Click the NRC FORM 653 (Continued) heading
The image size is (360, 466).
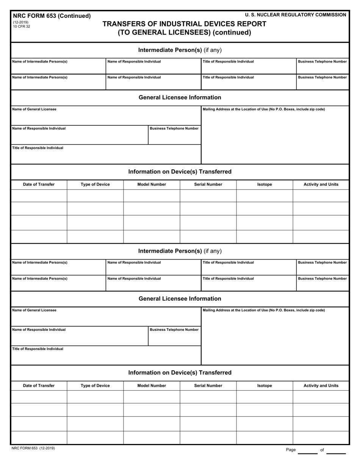click(x=52, y=16)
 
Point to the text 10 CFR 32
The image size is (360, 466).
click(x=22, y=27)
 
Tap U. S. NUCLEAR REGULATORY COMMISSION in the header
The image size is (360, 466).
click(x=295, y=15)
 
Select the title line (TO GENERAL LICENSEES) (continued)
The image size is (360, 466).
click(x=184, y=33)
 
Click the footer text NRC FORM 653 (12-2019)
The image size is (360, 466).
click(x=34, y=448)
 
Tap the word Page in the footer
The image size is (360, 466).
click(x=291, y=450)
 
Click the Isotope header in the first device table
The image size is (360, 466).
click(x=265, y=185)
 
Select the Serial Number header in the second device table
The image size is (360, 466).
click(x=208, y=386)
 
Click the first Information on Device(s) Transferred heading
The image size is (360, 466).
click(x=180, y=172)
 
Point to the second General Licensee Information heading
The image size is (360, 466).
click(x=180, y=299)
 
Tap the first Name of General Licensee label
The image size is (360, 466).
click(x=34, y=109)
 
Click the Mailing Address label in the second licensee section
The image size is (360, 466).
click(x=264, y=310)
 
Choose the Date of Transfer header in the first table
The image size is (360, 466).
click(x=39, y=185)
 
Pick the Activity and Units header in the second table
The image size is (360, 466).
click(x=321, y=386)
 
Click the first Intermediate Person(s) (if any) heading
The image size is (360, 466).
click(x=180, y=50)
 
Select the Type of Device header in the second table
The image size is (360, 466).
click(x=95, y=386)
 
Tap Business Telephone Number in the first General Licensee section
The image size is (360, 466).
click(x=174, y=128)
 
